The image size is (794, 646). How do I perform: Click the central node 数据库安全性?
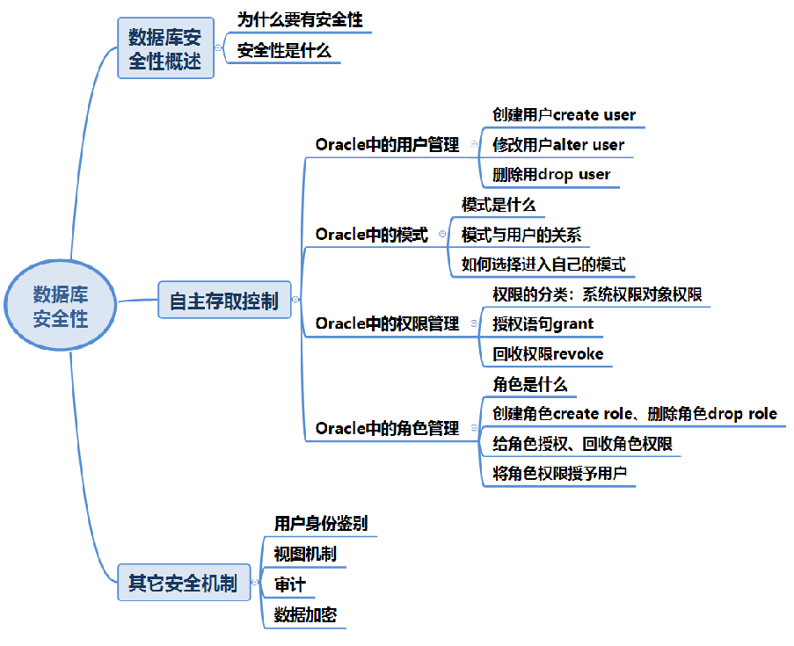pyautogui.click(x=61, y=306)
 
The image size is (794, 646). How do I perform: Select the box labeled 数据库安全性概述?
pyautogui.click(x=165, y=49)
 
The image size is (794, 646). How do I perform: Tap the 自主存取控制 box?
pyautogui.click(x=223, y=301)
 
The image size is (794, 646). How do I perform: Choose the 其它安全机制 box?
pyautogui.click(x=183, y=583)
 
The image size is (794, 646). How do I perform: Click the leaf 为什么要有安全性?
pyautogui.click(x=300, y=20)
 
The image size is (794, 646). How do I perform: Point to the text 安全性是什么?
pyautogui.click(x=284, y=51)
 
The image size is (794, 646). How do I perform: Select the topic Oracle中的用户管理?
pyautogui.click(x=387, y=145)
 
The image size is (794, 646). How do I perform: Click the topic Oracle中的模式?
pyautogui.click(x=371, y=235)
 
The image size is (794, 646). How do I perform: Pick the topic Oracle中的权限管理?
pyautogui.click(x=387, y=323)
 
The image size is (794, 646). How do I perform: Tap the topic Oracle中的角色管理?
pyautogui.click(x=387, y=428)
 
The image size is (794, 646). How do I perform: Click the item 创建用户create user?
pyautogui.click(x=564, y=115)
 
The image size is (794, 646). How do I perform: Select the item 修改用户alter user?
pyautogui.click(x=558, y=144)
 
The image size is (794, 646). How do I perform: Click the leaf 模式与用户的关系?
pyautogui.click(x=521, y=235)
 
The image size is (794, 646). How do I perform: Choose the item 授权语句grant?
pyautogui.click(x=543, y=323)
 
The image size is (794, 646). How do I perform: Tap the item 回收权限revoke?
pyautogui.click(x=548, y=353)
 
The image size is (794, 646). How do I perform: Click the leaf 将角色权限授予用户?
pyautogui.click(x=559, y=474)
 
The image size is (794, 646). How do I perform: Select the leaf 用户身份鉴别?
pyautogui.click(x=321, y=523)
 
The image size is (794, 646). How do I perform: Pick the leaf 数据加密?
pyautogui.click(x=305, y=614)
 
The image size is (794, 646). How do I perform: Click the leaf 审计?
pyautogui.click(x=290, y=584)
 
